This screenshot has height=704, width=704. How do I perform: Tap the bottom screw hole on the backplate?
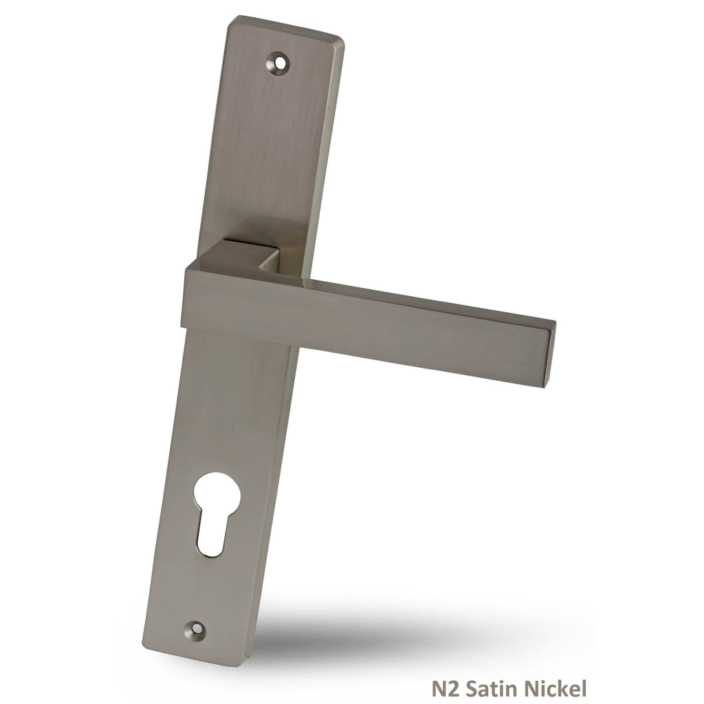[196, 629]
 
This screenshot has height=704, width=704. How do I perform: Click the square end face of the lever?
[549, 357]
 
